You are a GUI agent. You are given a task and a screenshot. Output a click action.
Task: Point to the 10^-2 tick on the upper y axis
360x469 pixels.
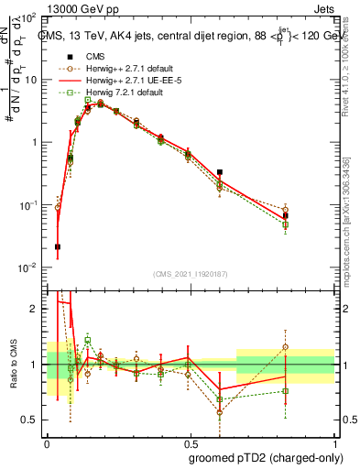point(31,267)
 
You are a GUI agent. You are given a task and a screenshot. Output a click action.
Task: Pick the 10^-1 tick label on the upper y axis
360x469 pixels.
point(31,205)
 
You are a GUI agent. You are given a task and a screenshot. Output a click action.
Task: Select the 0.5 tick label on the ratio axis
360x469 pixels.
point(34,420)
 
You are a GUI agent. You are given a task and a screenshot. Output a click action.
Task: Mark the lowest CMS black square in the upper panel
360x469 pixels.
point(58,246)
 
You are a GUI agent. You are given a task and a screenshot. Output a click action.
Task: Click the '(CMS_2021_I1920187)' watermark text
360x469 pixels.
point(189,274)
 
